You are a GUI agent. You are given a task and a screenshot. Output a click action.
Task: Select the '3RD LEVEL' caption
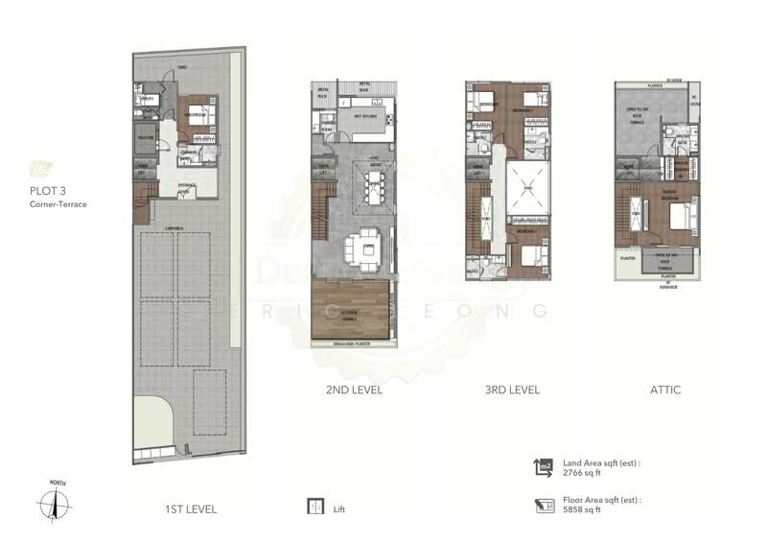(509, 390)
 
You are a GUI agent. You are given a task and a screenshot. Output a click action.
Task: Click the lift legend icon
(313, 507)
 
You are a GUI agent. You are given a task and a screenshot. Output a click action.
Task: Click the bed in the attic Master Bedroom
(682, 219)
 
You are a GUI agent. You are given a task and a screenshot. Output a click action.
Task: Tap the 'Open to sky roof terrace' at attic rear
(643, 121)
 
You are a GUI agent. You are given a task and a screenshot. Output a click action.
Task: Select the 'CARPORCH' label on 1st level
(174, 228)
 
